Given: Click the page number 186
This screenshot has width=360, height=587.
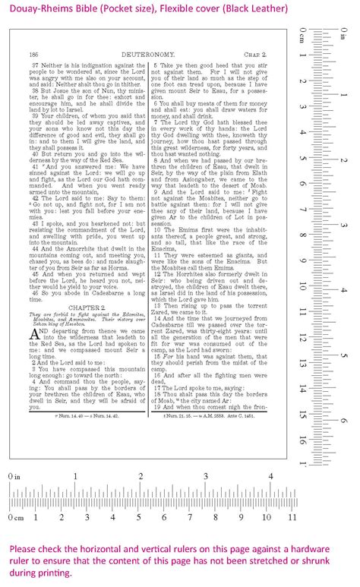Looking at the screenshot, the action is (x=33, y=55).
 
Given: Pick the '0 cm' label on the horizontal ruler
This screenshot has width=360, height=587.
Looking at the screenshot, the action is (x=14, y=538).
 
